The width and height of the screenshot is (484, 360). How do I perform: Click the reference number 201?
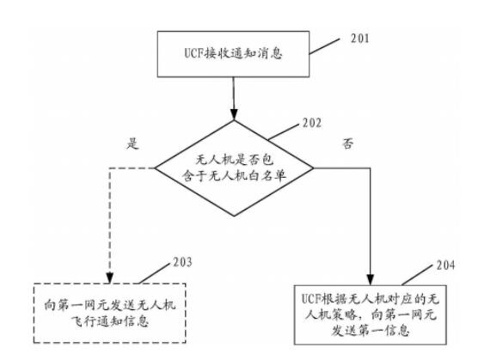[359, 39]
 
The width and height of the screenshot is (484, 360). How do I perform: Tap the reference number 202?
[312, 123]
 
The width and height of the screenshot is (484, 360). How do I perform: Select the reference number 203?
[182, 262]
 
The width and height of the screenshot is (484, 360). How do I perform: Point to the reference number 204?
[445, 265]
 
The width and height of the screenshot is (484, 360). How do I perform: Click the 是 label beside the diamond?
[132, 143]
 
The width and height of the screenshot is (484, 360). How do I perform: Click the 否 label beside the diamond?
[347, 143]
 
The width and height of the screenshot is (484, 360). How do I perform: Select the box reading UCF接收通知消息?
[233, 54]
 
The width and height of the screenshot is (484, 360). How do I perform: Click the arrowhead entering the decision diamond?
[234, 114]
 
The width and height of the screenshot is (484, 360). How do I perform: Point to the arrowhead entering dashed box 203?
[109, 278]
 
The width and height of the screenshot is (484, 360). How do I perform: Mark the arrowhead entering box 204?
[371, 279]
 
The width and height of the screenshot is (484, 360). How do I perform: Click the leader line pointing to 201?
[324, 46]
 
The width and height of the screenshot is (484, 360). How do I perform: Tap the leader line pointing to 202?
[284, 132]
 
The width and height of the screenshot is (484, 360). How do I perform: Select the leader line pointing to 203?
[154, 273]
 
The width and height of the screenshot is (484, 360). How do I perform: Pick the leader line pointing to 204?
[417, 275]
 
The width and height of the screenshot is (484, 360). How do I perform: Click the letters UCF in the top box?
[194, 53]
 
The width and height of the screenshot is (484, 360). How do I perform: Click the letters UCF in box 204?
[311, 299]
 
